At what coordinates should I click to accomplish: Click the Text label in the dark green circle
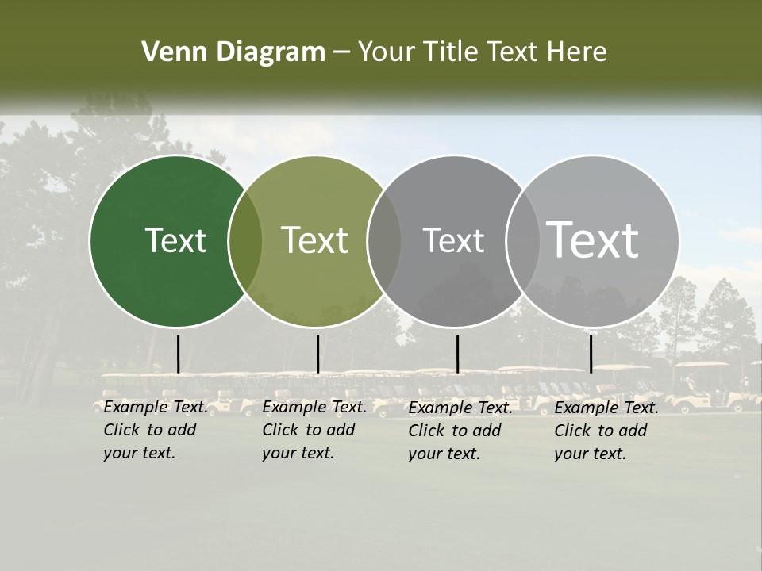point(175,240)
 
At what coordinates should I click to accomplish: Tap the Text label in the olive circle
point(315,240)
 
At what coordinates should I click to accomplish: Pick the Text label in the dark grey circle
point(453,240)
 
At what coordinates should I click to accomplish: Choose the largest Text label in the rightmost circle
point(593,240)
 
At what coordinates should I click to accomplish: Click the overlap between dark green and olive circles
point(245,241)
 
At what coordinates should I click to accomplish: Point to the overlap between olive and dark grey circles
point(384,241)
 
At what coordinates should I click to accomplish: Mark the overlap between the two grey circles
point(523,241)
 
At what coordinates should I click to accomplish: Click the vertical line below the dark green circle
point(178,354)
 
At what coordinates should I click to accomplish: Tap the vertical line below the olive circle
point(317,354)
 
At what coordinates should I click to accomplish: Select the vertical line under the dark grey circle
point(457,354)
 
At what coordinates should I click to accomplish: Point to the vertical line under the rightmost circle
point(591,354)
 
